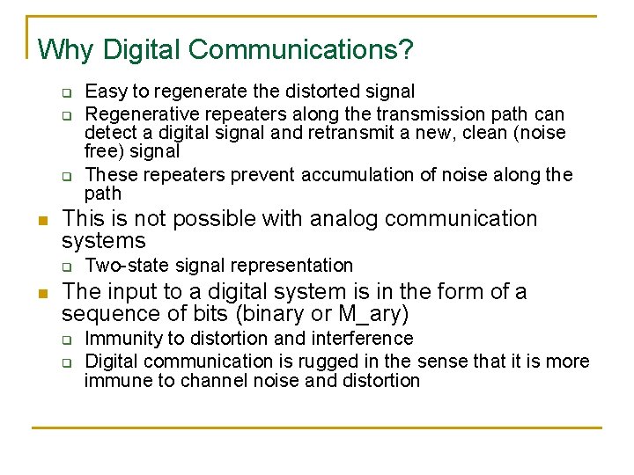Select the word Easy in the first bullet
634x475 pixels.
[x=104, y=91]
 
